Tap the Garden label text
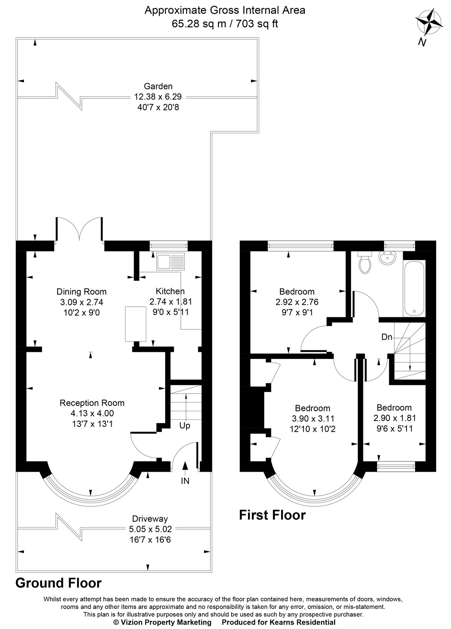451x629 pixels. (158, 86)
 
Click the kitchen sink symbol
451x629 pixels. (170, 262)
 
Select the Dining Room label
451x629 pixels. (81, 292)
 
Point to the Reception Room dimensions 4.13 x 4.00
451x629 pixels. (92, 413)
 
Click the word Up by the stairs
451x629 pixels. (184, 426)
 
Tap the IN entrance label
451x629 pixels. (185, 481)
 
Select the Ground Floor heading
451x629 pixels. (58, 583)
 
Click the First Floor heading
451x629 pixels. (272, 515)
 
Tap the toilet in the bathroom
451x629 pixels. (364, 264)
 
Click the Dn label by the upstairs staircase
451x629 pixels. (387, 337)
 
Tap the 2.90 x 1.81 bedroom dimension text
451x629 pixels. (394, 418)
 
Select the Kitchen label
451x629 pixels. (170, 291)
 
